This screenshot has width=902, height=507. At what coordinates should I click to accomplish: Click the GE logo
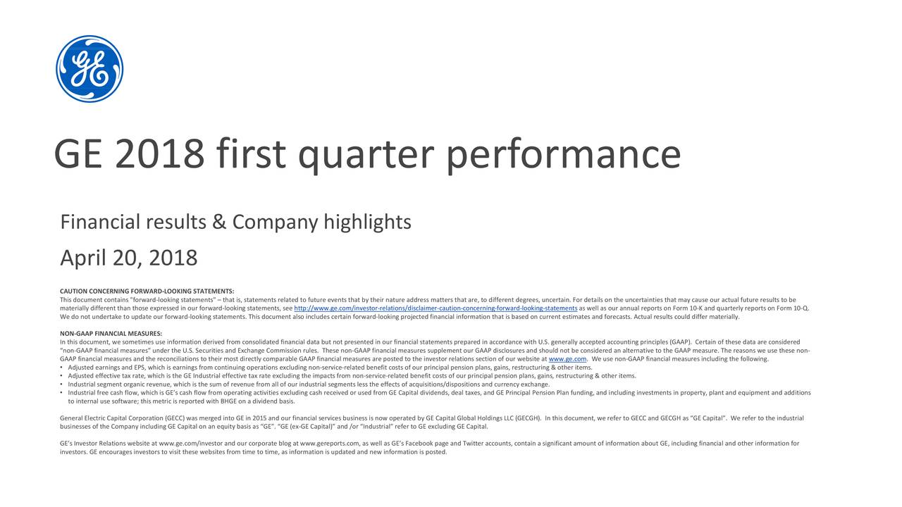coord(89,69)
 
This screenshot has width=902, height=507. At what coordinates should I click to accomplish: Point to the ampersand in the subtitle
coord(218,223)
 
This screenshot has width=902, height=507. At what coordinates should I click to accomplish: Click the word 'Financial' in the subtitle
coord(100,223)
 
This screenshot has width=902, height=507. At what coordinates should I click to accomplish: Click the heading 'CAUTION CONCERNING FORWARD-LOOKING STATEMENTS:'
coord(147,291)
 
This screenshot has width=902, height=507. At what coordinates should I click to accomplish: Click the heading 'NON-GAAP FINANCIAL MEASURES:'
coord(111,333)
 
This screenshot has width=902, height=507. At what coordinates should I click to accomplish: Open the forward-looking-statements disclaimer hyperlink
coord(435,308)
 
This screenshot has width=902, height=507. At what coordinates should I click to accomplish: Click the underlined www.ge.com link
coord(567,359)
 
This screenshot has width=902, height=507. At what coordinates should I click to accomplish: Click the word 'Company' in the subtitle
coord(275,223)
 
